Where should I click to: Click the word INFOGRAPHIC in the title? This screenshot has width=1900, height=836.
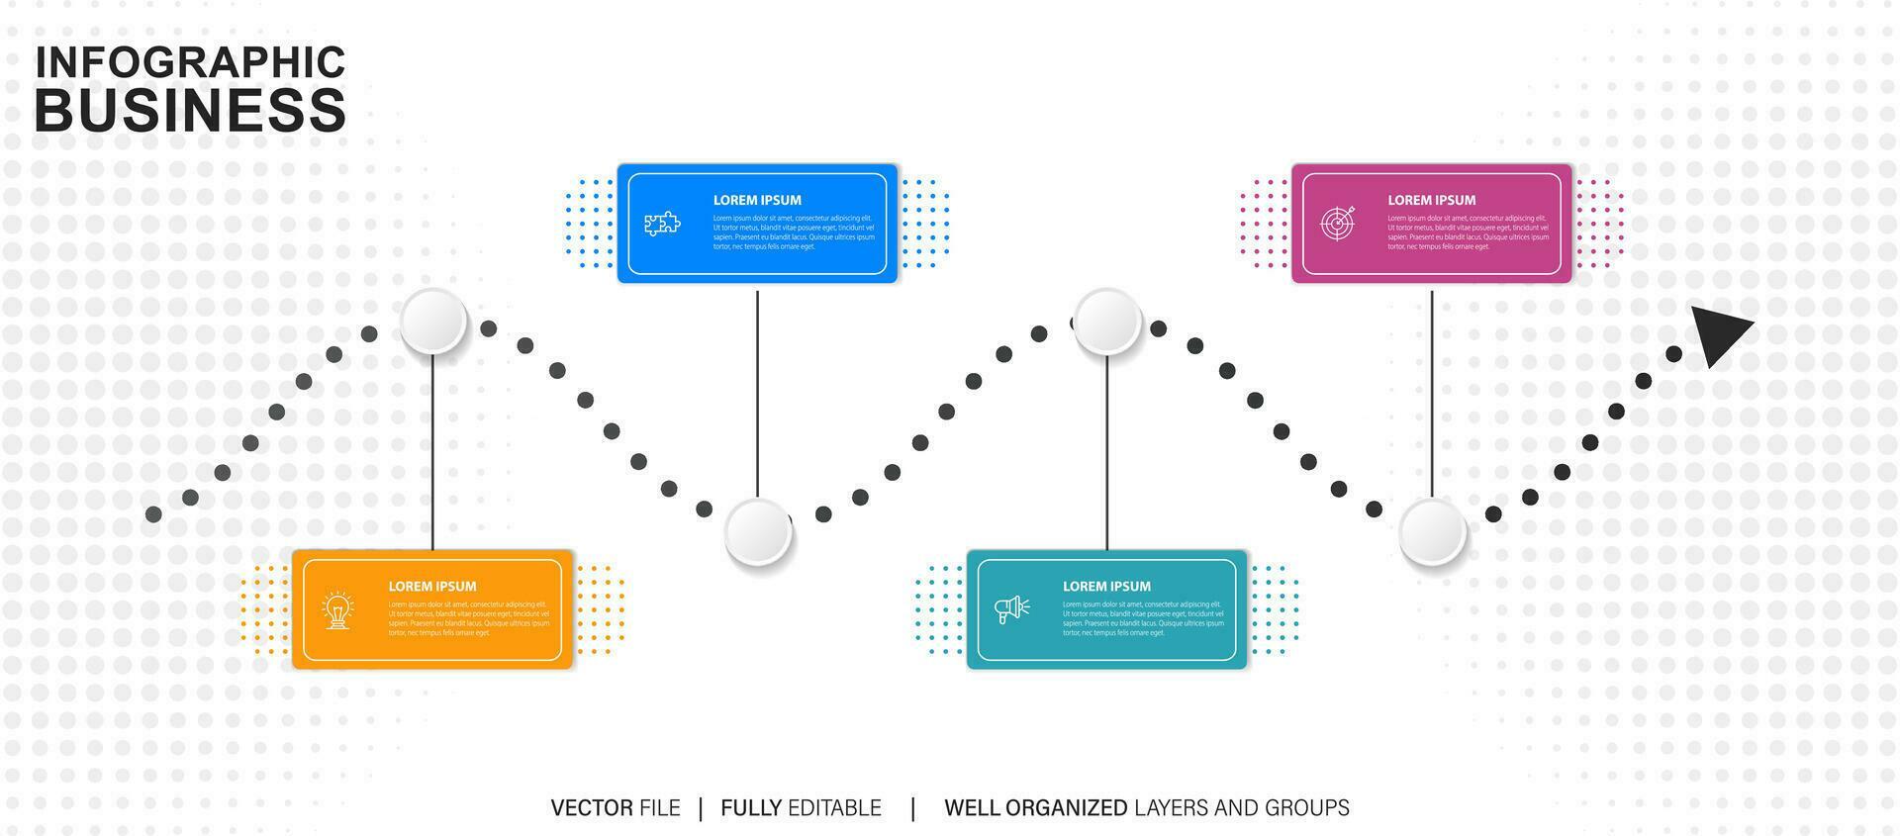pos(190,61)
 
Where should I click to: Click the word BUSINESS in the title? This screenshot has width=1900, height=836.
pos(190,110)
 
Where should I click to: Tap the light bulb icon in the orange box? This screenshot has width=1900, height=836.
pos(338,609)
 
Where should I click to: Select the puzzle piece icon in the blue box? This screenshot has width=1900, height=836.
pos(662,224)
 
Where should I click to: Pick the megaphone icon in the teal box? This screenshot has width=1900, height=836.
pos(1011,609)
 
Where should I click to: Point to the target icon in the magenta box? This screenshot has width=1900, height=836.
pos(1337,223)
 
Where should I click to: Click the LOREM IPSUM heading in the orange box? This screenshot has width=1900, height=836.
pos(432,587)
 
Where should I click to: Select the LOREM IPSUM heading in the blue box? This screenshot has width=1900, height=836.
pos(757,200)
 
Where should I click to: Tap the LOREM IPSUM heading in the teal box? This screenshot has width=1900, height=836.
pos(1106,587)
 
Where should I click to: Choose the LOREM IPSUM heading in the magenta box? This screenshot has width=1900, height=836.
pos(1431,200)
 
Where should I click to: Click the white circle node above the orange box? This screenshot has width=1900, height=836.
pos(433,322)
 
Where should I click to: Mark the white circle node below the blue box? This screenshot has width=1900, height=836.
pos(758,532)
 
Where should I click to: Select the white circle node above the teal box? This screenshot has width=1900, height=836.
pos(1107,322)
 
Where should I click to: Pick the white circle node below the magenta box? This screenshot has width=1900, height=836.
pos(1432,532)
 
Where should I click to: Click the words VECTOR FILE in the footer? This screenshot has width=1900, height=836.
pos(616,808)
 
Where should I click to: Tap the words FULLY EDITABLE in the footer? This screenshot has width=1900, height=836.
pos(801,808)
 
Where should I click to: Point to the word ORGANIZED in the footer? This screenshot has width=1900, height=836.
pos(1066,808)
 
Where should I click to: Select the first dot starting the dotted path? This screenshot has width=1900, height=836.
pos(153,514)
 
